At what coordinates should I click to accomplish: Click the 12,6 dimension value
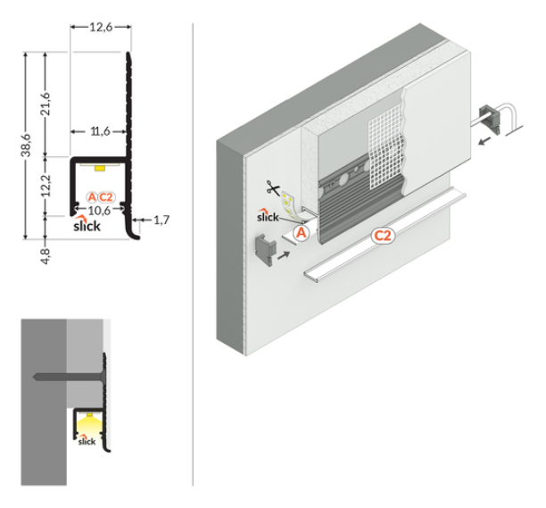(101, 27)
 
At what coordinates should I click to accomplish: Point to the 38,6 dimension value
(27, 145)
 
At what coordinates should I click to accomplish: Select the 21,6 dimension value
(45, 104)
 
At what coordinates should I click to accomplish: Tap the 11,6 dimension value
(100, 132)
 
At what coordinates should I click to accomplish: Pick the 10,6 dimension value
(100, 211)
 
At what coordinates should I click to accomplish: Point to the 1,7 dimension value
(161, 220)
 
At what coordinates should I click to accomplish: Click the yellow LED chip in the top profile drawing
(100, 169)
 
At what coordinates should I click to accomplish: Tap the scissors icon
(273, 187)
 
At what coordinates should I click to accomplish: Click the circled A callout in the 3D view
(302, 232)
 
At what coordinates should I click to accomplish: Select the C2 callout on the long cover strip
(383, 236)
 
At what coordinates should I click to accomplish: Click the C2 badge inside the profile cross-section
(105, 197)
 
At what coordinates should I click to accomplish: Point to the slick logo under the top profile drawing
(87, 224)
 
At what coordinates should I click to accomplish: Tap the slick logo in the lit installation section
(87, 440)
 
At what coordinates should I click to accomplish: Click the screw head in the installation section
(102, 377)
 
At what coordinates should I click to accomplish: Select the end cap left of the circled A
(266, 250)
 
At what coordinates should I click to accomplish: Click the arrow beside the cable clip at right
(484, 141)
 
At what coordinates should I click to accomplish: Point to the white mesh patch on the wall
(386, 150)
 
